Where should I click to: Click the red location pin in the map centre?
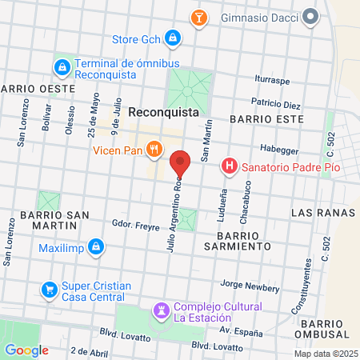click(180, 162)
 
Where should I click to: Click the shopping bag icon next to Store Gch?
click(171, 38)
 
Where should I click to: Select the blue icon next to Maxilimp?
click(95, 246)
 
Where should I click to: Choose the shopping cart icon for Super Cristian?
click(50, 288)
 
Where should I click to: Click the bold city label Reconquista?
click(163, 113)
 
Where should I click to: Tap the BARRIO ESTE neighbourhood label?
click(266, 118)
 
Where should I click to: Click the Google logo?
click(26, 350)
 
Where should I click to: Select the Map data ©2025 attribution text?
click(326, 354)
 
